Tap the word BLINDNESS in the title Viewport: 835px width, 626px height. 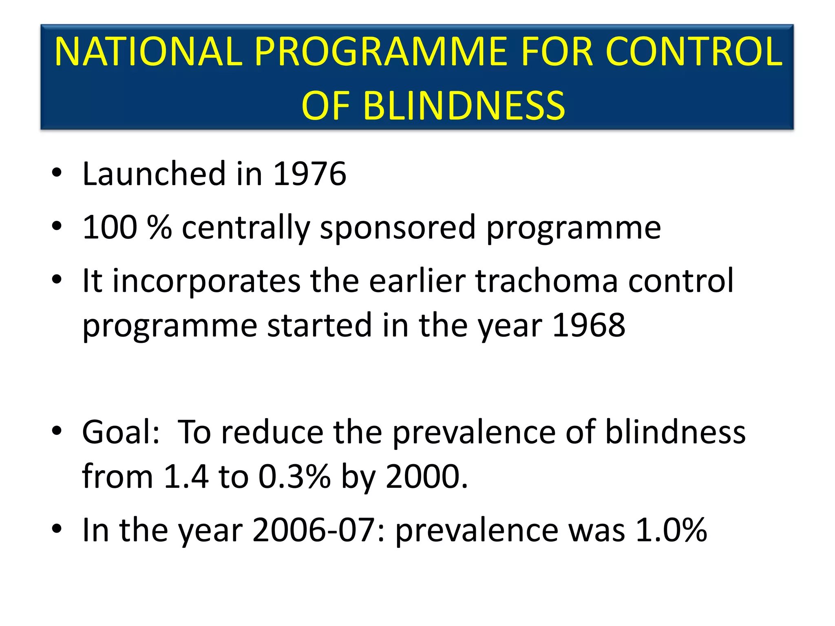click(x=464, y=106)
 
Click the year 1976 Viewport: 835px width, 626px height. click(x=309, y=174)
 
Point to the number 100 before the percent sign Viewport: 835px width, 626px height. click(x=110, y=227)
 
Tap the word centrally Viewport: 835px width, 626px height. click(x=246, y=227)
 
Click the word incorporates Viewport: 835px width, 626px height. click(x=206, y=281)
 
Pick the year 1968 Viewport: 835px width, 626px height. click(x=588, y=325)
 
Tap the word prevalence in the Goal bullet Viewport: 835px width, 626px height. click(x=474, y=432)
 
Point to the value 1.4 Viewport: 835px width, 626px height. click(x=186, y=476)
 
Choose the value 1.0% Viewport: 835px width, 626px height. click(x=671, y=530)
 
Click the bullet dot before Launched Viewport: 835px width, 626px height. click(x=57, y=173)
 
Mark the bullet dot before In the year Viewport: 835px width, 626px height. click(x=57, y=529)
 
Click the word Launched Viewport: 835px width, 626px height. click(x=154, y=174)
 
